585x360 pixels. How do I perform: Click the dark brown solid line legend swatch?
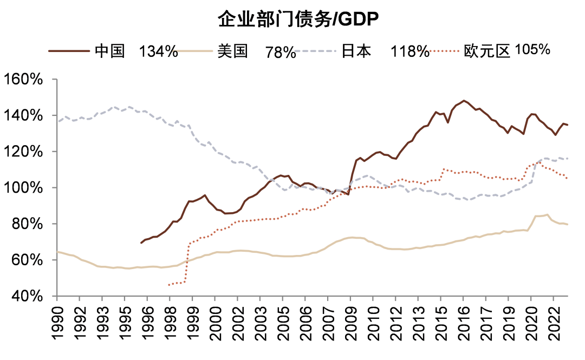(69, 51)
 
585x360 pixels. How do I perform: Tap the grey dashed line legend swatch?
(316, 51)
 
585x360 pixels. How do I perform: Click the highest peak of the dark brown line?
(464, 101)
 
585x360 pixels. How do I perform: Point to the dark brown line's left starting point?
(141, 243)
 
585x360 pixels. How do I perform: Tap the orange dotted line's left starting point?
(168, 285)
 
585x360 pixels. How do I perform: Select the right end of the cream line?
(568, 225)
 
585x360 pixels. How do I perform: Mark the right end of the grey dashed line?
(568, 159)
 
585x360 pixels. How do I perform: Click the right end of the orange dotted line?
(568, 179)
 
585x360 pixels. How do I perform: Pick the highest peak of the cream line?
(547, 214)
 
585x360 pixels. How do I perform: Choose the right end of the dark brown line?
(568, 125)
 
